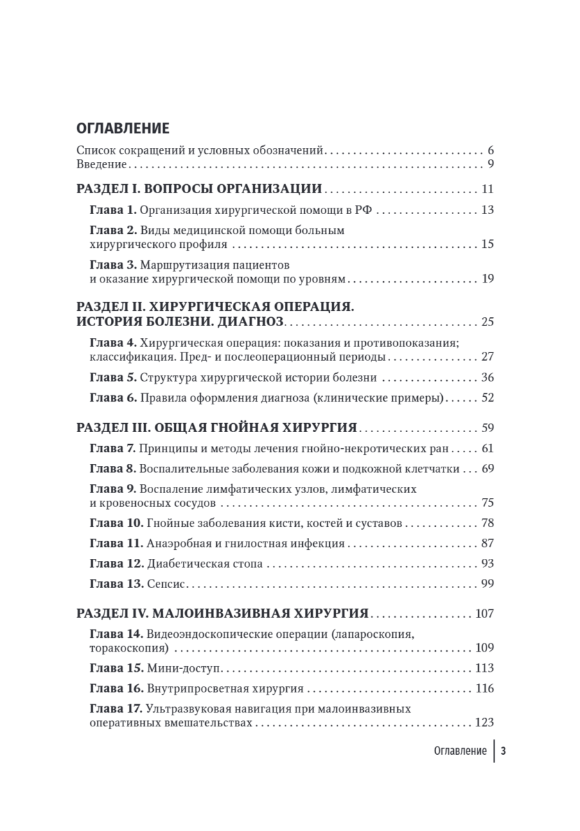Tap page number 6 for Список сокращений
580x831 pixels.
490,150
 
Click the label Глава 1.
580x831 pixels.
113,211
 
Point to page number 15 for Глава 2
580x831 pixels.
486,245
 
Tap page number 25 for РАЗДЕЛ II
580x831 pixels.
486,323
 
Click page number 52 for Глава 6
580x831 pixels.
486,399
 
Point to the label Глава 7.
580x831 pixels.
113,449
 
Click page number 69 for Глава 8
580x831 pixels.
486,469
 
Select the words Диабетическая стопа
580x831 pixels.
205,564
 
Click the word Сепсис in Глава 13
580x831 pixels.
166,584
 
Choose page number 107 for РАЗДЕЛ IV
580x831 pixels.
484,614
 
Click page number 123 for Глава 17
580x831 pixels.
484,723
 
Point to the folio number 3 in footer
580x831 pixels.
504,751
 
